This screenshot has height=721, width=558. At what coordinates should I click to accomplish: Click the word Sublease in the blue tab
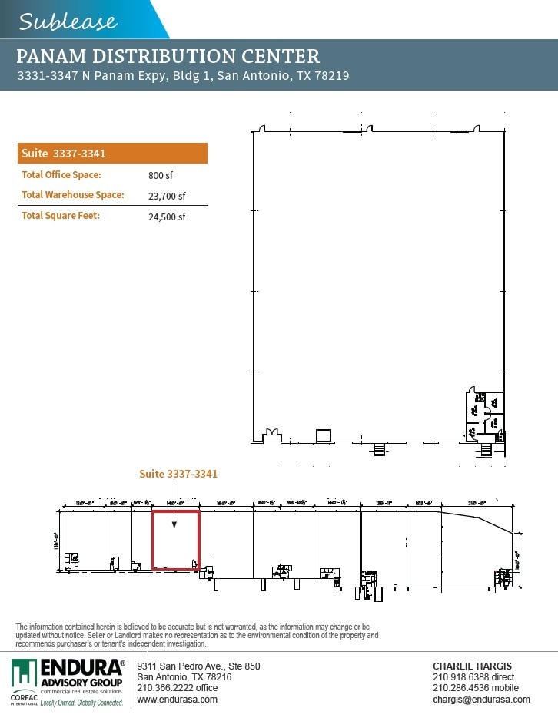click(x=68, y=21)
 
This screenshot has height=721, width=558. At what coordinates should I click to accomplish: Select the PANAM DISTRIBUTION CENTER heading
click(x=168, y=56)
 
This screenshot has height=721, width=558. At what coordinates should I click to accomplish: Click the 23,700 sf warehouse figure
click(x=167, y=196)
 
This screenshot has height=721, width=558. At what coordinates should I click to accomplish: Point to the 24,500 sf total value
click(x=167, y=217)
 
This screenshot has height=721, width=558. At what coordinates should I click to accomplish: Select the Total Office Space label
click(x=61, y=175)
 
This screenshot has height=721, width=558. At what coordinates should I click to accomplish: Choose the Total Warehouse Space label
click(x=73, y=195)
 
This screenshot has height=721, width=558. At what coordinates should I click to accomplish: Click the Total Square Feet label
click(x=61, y=216)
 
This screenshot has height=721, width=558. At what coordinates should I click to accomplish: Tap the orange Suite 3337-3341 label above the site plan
click(x=178, y=474)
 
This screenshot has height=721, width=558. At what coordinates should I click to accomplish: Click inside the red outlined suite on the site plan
click(x=175, y=545)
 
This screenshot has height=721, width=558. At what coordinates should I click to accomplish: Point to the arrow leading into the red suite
click(x=175, y=507)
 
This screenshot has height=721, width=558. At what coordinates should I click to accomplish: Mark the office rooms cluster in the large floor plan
click(x=485, y=415)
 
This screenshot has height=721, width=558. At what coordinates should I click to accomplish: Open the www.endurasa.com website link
click(x=177, y=700)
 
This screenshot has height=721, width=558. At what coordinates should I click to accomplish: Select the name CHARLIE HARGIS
click(x=472, y=666)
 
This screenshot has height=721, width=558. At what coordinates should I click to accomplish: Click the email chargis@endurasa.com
click(x=481, y=700)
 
